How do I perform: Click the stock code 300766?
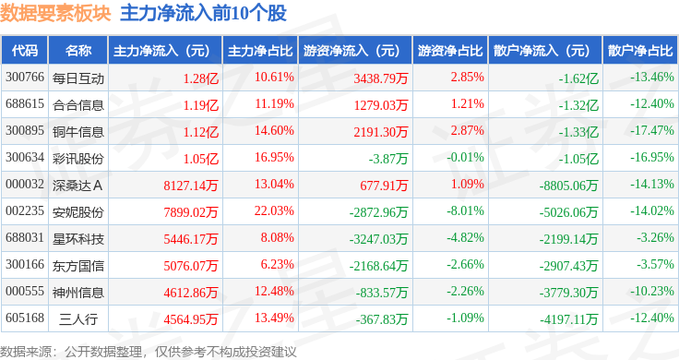(25, 78)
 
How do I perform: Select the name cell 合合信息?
(78, 105)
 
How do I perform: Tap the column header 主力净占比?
(260, 51)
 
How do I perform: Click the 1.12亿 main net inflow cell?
(201, 132)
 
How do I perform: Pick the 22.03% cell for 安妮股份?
(274, 211)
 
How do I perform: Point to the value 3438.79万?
(381, 78)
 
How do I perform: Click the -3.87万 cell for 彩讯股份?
(388, 159)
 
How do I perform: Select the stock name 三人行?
(78, 319)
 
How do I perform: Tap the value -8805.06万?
(568, 186)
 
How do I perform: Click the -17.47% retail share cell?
(652, 131)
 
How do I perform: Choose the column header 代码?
(25, 51)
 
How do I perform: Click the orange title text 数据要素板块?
(55, 14)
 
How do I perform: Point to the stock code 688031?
(25, 238)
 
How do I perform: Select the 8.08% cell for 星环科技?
(277, 238)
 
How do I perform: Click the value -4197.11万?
(568, 319)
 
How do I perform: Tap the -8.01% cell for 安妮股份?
(466, 211)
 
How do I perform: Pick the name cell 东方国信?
(78, 266)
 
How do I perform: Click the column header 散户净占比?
(640, 51)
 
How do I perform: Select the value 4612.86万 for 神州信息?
(191, 293)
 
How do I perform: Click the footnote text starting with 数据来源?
(149, 352)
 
